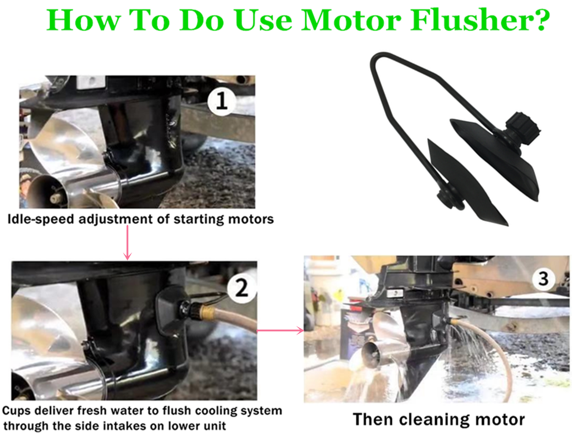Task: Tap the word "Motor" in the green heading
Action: click(x=350, y=20)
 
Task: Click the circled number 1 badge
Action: click(x=222, y=101)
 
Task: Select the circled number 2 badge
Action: click(x=242, y=288)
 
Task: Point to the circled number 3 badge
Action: click(x=543, y=279)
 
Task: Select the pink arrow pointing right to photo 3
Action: click(x=281, y=331)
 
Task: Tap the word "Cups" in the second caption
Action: click(x=17, y=411)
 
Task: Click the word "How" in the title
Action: click(x=83, y=20)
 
